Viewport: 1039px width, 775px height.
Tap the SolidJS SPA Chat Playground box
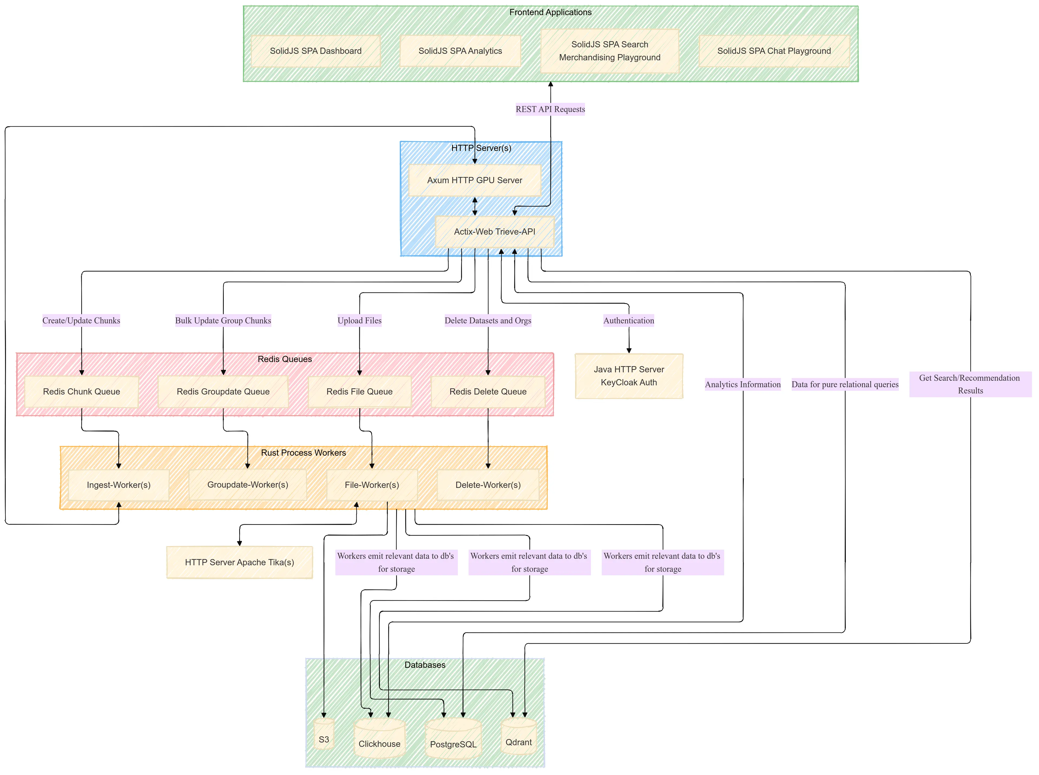coord(774,51)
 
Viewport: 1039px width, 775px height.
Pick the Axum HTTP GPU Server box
coord(474,180)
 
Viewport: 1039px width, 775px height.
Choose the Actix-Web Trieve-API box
coord(494,231)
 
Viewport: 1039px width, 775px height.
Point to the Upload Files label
coord(359,320)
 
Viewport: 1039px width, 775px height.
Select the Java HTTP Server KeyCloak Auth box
coord(629,376)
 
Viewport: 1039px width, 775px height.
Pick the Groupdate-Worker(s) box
coord(247,485)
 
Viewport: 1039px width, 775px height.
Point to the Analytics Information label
coord(742,384)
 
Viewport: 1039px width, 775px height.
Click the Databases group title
coord(425,665)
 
